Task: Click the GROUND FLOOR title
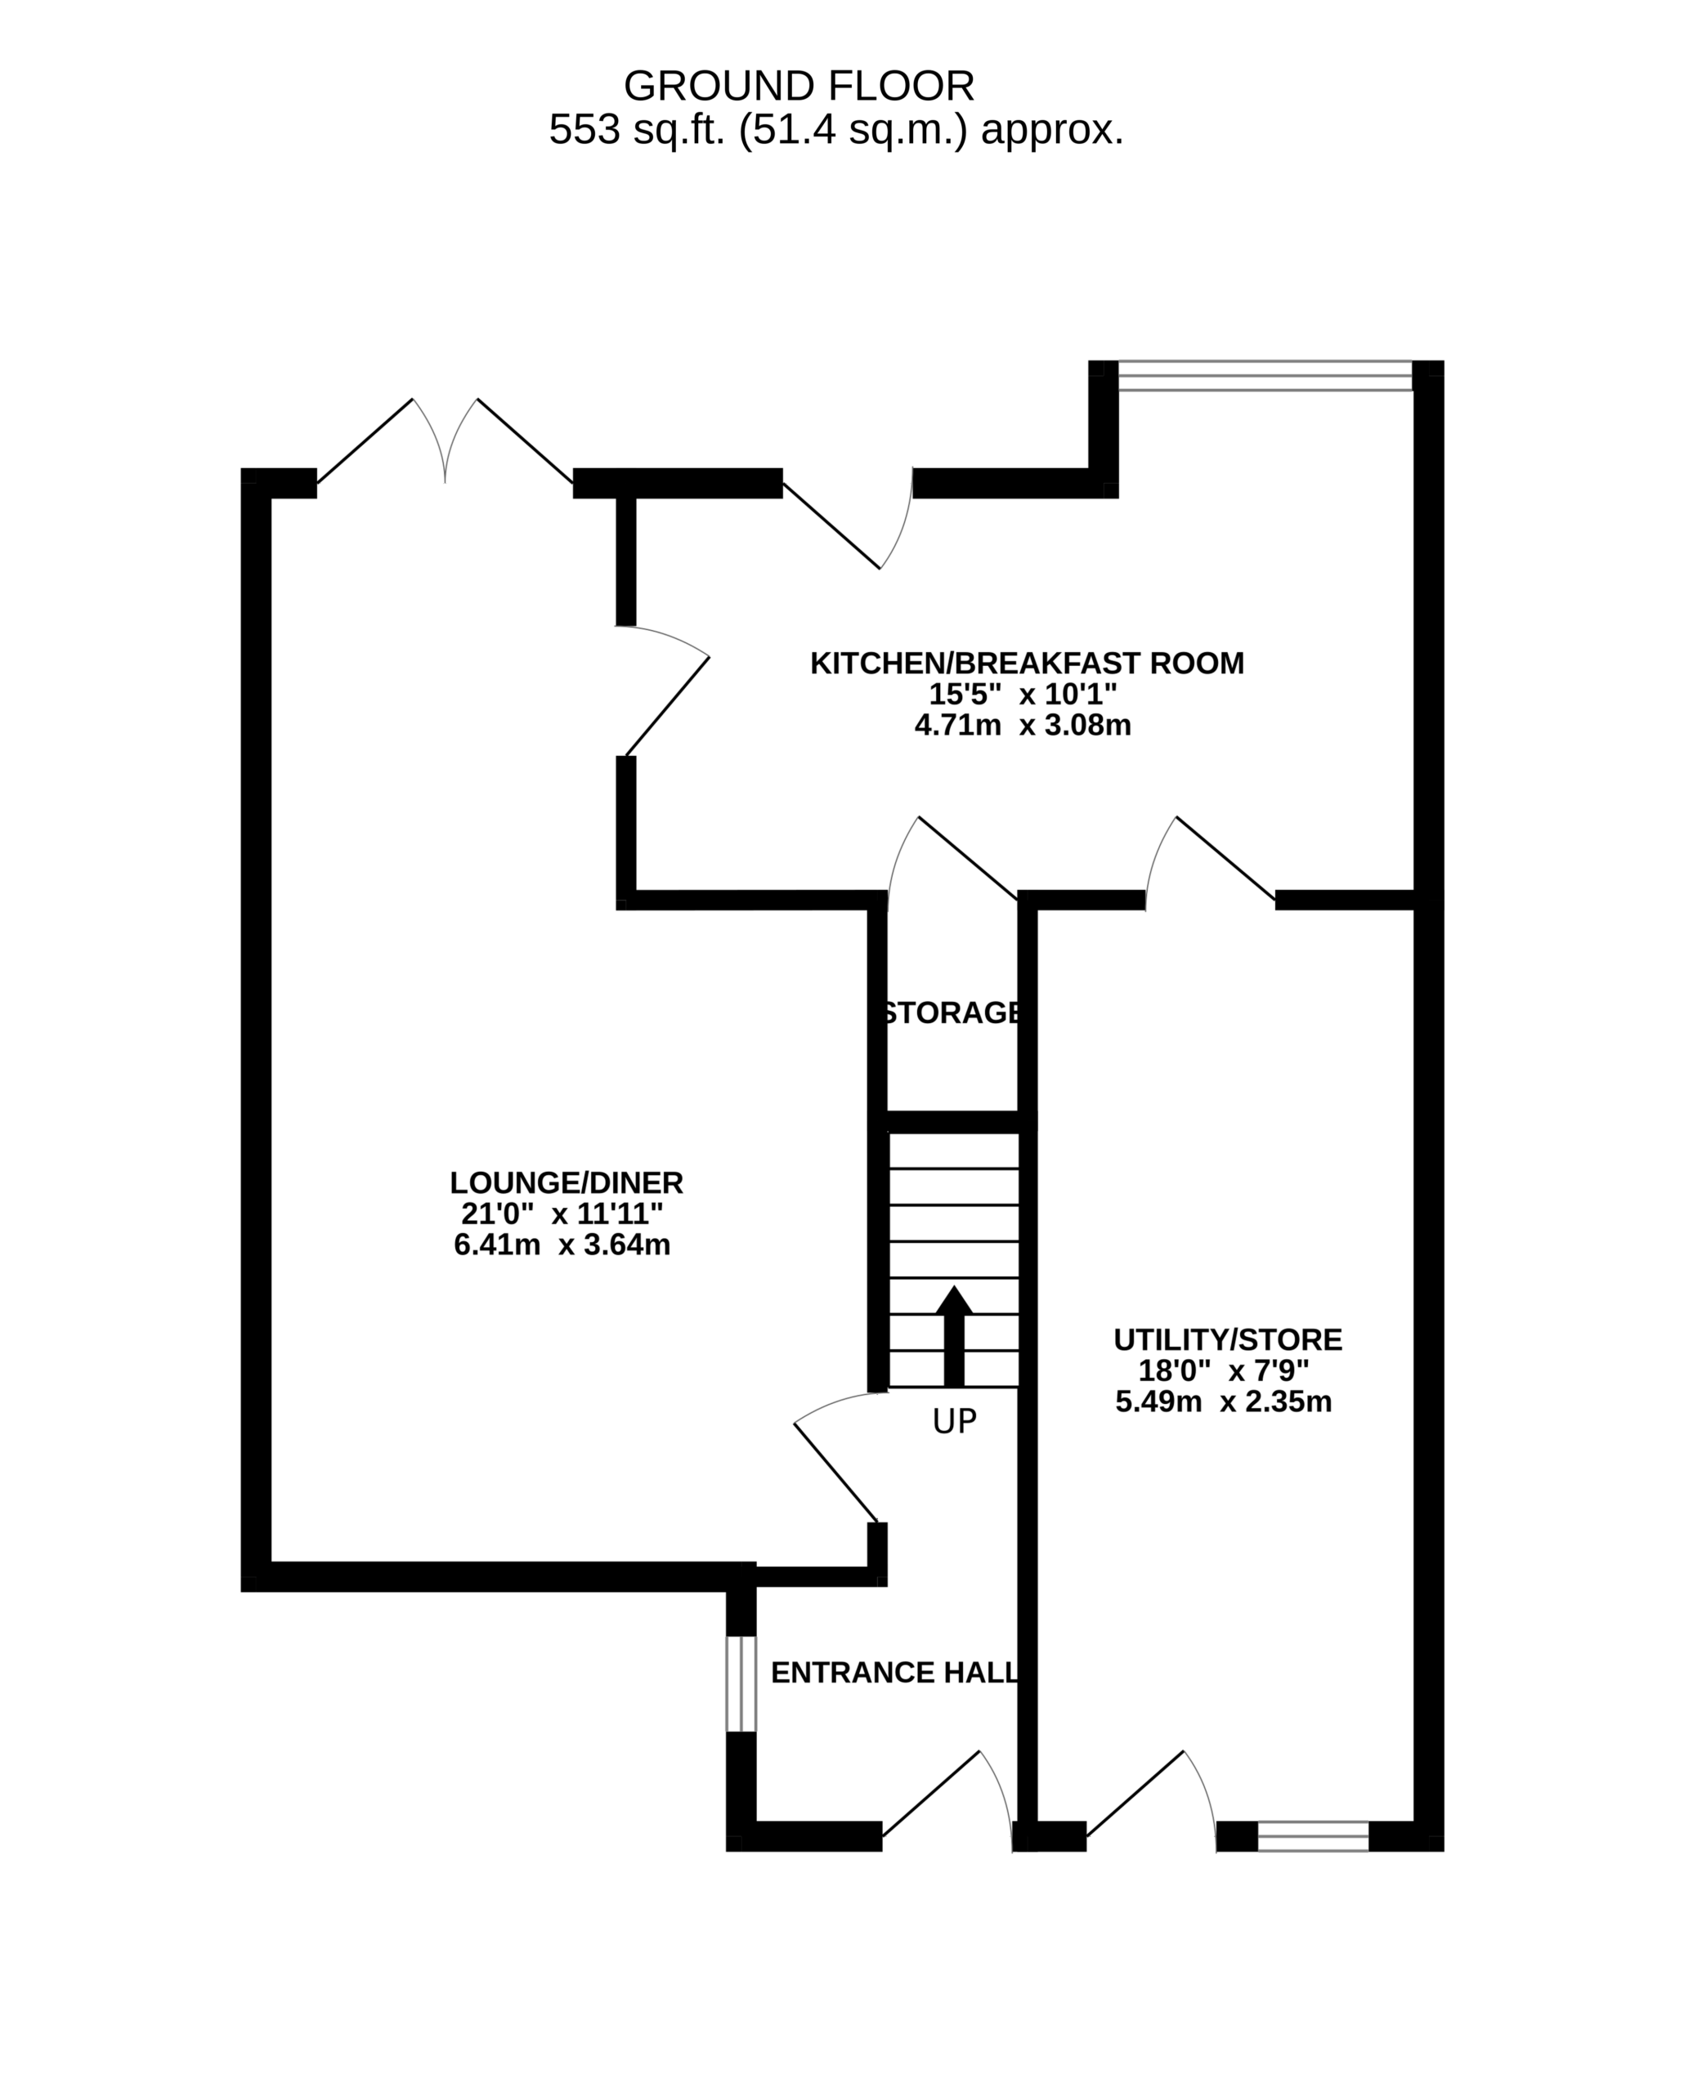[x=798, y=87]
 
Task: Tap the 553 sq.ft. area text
[x=835, y=129]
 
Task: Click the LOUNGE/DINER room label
[x=566, y=1182]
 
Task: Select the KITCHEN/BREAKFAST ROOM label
[x=1027, y=664]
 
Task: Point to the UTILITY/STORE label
[x=1228, y=1340]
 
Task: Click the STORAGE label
[x=952, y=1013]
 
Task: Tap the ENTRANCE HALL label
[x=894, y=1672]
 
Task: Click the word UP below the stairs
[x=954, y=1422]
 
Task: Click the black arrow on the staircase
[x=954, y=1335]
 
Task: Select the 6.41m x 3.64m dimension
[x=562, y=1245]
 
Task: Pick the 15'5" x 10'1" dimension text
[x=1023, y=695]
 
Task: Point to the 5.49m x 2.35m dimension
[x=1223, y=1402]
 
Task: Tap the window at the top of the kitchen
[x=1265, y=377]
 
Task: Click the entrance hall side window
[x=741, y=1684]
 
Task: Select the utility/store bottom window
[x=1313, y=1837]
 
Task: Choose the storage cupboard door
[x=952, y=858]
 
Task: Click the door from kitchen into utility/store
[x=1211, y=858]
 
